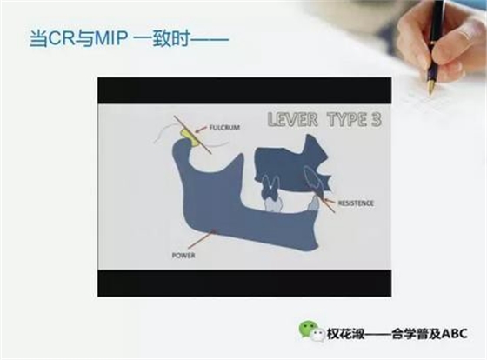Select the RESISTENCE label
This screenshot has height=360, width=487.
click(357, 203)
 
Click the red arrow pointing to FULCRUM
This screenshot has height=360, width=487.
click(201, 129)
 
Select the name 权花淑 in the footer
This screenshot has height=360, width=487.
click(340, 332)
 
